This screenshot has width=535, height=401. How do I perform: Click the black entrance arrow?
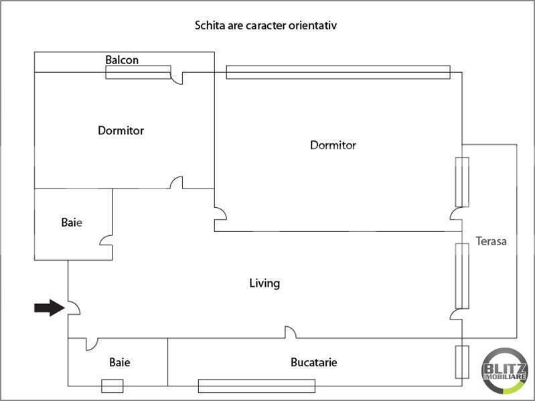pyautogui.click(x=48, y=307)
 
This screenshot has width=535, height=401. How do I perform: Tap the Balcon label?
pyautogui.click(x=122, y=60)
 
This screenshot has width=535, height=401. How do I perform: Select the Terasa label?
pyautogui.click(x=491, y=241)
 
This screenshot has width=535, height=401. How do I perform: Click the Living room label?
pyautogui.click(x=264, y=283)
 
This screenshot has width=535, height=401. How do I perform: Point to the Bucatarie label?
pyautogui.click(x=313, y=363)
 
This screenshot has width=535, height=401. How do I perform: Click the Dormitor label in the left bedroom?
pyautogui.click(x=121, y=131)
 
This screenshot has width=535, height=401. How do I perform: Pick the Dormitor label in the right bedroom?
pyautogui.click(x=333, y=145)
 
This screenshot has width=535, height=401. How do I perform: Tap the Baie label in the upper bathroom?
pyautogui.click(x=72, y=223)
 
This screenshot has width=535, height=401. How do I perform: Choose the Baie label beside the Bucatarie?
pyautogui.click(x=120, y=363)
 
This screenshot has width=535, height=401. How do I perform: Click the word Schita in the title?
pyautogui.click(x=209, y=26)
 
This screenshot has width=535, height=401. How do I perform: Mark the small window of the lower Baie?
pyautogui.click(x=112, y=386)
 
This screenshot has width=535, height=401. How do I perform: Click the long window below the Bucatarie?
pyautogui.click(x=256, y=386)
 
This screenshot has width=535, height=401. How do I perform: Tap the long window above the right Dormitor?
pyautogui.click(x=337, y=72)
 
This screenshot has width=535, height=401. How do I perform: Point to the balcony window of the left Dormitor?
pyautogui.click(x=138, y=72)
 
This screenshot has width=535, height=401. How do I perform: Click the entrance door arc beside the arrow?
pyautogui.click(x=74, y=307)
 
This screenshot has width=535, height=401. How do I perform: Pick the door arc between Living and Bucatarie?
pyautogui.click(x=291, y=332)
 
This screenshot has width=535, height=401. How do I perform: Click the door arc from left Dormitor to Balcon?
pyautogui.click(x=178, y=78)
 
